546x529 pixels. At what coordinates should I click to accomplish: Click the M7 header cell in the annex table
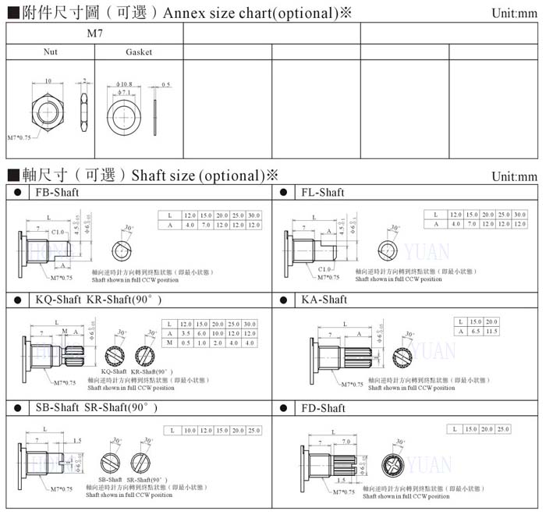tap(94, 34)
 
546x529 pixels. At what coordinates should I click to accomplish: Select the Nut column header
tap(50, 52)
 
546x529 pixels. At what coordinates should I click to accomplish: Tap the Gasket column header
tap(139, 52)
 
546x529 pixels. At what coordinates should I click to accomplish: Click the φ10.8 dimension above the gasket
tap(125, 83)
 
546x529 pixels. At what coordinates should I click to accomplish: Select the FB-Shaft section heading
tap(57, 192)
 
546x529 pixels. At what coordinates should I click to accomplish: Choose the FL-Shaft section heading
tap(322, 192)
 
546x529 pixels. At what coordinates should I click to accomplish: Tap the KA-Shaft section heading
tap(324, 300)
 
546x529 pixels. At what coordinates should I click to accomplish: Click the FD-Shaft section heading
tap(323, 408)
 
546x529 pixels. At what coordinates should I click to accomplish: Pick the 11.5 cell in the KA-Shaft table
tap(492, 332)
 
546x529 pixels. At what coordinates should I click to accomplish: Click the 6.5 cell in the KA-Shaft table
tap(475, 332)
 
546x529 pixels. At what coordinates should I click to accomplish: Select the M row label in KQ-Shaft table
tap(169, 343)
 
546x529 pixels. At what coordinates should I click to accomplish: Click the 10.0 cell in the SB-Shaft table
tap(190, 431)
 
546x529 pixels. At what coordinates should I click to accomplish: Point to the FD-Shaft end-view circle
tap(392, 466)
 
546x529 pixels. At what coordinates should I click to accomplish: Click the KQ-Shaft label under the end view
tap(114, 371)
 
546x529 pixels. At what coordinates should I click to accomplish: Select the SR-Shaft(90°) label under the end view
tap(147, 480)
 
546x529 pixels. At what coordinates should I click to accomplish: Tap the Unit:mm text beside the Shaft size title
tap(514, 177)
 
